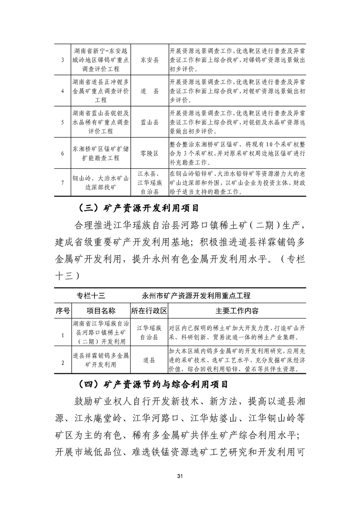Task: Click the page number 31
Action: (x=180, y=475)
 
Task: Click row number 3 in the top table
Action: (x=62, y=60)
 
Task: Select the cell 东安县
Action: (x=149, y=60)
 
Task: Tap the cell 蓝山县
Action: (x=149, y=122)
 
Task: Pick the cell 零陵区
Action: (x=149, y=153)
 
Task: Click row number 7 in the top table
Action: (x=62, y=182)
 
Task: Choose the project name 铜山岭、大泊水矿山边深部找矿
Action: (x=101, y=182)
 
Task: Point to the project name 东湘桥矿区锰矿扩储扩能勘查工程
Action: (x=101, y=153)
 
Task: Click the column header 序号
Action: (x=62, y=311)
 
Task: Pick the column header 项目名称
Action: (x=101, y=311)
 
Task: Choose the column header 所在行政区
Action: (x=149, y=311)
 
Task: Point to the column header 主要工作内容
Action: (x=237, y=311)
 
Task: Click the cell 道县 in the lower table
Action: (x=149, y=360)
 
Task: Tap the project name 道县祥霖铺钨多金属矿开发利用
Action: (x=101, y=360)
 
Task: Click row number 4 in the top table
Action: (x=62, y=92)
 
